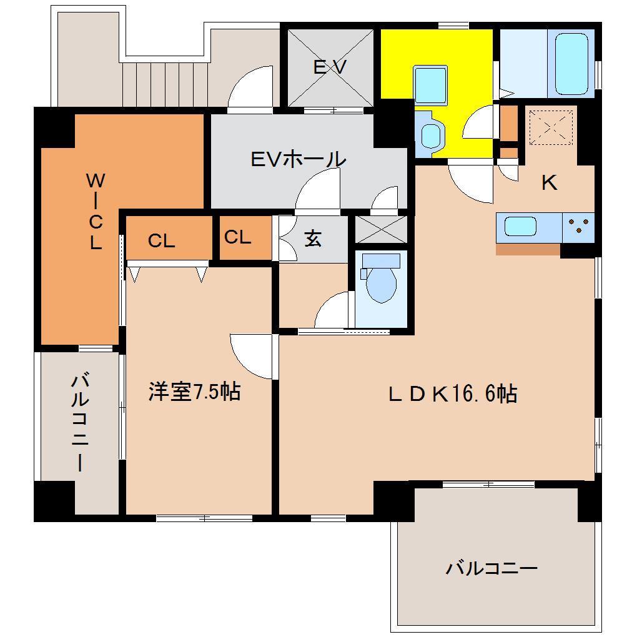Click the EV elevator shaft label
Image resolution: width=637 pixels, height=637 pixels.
329,67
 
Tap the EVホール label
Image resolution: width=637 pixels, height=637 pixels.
298,159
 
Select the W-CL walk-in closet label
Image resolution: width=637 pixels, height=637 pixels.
94,211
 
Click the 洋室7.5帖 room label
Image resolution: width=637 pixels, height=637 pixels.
194,392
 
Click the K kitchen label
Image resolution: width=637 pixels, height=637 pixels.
549,182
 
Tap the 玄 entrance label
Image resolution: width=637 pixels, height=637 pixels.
312,238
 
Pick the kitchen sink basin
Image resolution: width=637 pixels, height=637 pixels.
521,226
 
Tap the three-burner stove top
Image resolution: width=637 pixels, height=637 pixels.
578,226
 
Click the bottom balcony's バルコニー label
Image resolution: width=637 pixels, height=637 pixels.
491,568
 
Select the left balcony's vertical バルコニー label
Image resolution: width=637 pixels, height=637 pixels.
79,422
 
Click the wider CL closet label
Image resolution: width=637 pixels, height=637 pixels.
161,241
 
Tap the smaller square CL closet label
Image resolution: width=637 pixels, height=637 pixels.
237,237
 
